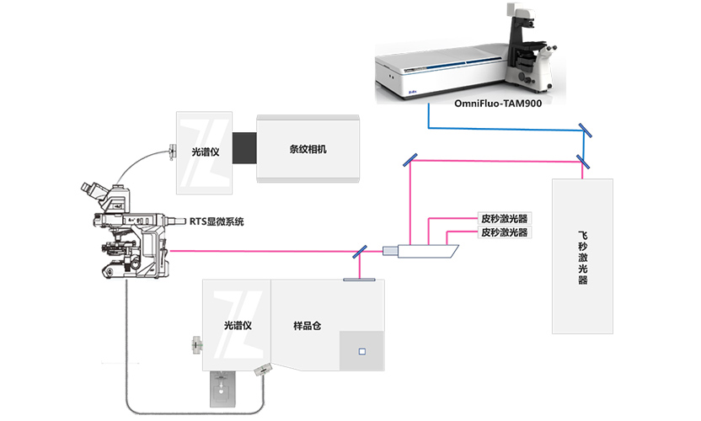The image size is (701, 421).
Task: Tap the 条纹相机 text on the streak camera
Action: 308,149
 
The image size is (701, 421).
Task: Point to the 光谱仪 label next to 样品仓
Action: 238,324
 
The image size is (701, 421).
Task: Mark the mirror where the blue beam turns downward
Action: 582,130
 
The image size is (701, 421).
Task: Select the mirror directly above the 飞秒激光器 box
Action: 582,159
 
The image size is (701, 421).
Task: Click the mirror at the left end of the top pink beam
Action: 409,159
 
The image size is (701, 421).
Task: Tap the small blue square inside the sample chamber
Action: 361,351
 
